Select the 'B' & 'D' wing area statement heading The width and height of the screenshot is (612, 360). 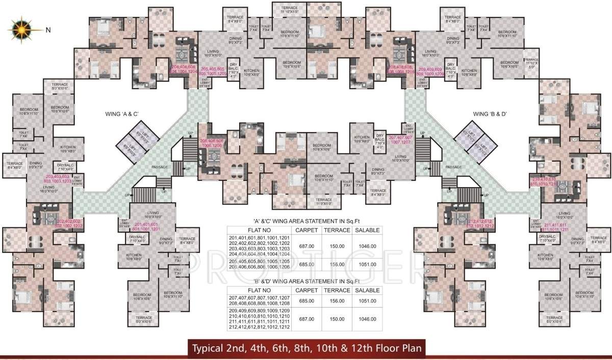pos(304,281)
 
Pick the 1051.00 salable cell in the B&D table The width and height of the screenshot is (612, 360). pos(367,301)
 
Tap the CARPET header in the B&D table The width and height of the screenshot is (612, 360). pos(307,290)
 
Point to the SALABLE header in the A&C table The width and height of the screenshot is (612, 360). pos(367,230)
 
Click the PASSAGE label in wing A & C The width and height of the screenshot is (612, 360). pos(160,167)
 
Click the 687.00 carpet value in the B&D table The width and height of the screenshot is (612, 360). pos(307,319)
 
